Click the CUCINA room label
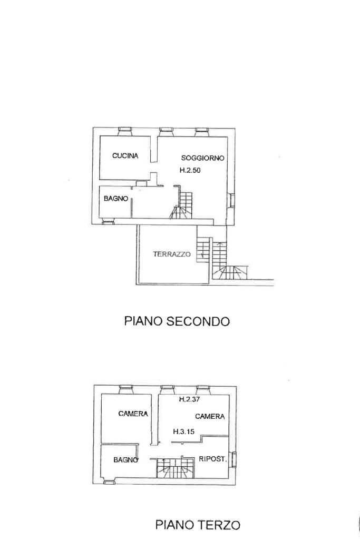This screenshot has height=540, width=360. pos(125,155)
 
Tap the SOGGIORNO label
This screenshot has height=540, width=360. pos(203,158)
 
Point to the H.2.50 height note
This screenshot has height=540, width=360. pos(191,170)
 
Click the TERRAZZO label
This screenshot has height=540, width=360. pos(172,254)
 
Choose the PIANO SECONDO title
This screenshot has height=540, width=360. pos(177,321)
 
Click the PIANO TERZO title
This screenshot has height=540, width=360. pos(198,525)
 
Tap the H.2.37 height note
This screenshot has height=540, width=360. pos(189,399)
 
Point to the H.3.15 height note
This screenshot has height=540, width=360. pos(184,431)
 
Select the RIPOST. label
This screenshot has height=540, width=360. pos(213,459)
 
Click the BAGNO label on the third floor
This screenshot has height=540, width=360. pos(125,459)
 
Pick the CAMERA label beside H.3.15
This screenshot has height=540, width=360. pos(210,416)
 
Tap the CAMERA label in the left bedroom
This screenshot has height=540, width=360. pos(133,414)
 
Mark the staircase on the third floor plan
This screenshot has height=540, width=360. pos(174,468)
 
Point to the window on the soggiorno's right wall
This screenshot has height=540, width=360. pos(232,200)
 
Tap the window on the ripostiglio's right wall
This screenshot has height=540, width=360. pos(233,458)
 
